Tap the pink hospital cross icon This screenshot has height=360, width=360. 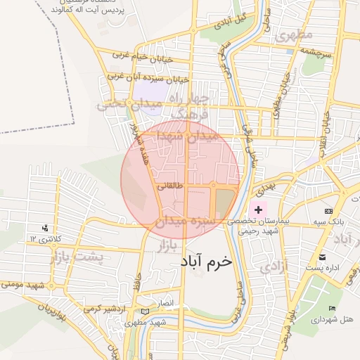[x=259, y=210]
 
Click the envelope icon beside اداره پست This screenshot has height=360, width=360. [x=323, y=257]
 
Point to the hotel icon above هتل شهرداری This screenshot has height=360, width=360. [x=332, y=309]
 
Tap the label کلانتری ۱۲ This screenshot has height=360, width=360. [x=42, y=240]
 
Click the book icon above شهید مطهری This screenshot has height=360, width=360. [x=146, y=311]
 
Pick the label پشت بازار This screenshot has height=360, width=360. [x=76, y=258]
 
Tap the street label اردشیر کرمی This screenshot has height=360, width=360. [x=103, y=309]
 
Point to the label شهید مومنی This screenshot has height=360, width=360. [x=27, y=285]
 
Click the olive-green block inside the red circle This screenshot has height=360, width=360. [x=223, y=202]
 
